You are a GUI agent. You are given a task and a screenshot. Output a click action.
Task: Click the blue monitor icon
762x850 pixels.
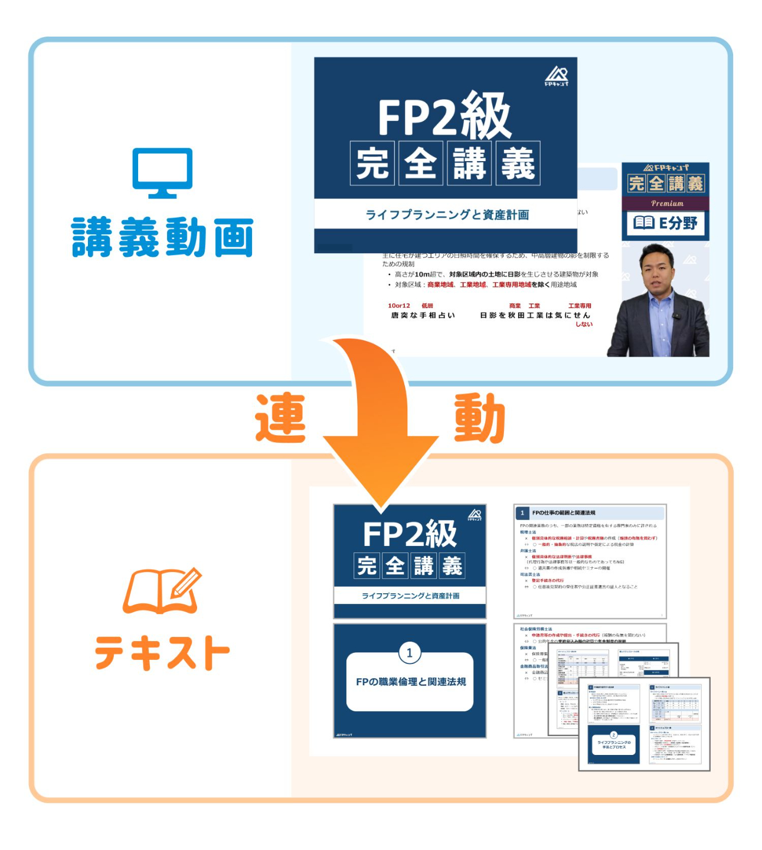coord(162,172)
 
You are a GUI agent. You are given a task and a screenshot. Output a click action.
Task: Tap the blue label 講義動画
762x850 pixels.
coord(162,237)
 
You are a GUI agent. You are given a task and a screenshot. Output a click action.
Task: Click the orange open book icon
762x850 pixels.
coord(162,591)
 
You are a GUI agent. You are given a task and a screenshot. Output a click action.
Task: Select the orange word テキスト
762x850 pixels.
coord(162,653)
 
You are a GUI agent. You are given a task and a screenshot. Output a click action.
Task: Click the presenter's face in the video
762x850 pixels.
coord(657,270)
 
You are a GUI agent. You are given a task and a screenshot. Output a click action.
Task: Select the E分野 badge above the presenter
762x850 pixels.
coord(665,223)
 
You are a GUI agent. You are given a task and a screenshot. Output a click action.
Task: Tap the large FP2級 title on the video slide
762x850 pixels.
coord(444,116)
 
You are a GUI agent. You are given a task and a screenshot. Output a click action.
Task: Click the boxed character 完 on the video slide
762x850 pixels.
coord(372,163)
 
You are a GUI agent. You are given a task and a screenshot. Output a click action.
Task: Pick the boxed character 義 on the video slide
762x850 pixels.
coord(518,163)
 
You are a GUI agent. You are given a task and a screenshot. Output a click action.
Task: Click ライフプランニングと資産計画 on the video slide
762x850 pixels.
coord(447,215)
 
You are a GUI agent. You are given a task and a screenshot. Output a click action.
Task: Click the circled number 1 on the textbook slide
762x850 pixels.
coord(410,652)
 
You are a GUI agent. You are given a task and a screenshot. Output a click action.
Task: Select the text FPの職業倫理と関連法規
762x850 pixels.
coord(411,682)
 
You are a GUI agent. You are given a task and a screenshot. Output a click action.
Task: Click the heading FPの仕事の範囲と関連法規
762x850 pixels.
coord(564,513)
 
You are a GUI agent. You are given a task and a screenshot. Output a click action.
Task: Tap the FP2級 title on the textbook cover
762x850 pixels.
coord(410,534)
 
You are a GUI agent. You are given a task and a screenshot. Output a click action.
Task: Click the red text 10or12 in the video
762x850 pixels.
coord(398,306)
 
